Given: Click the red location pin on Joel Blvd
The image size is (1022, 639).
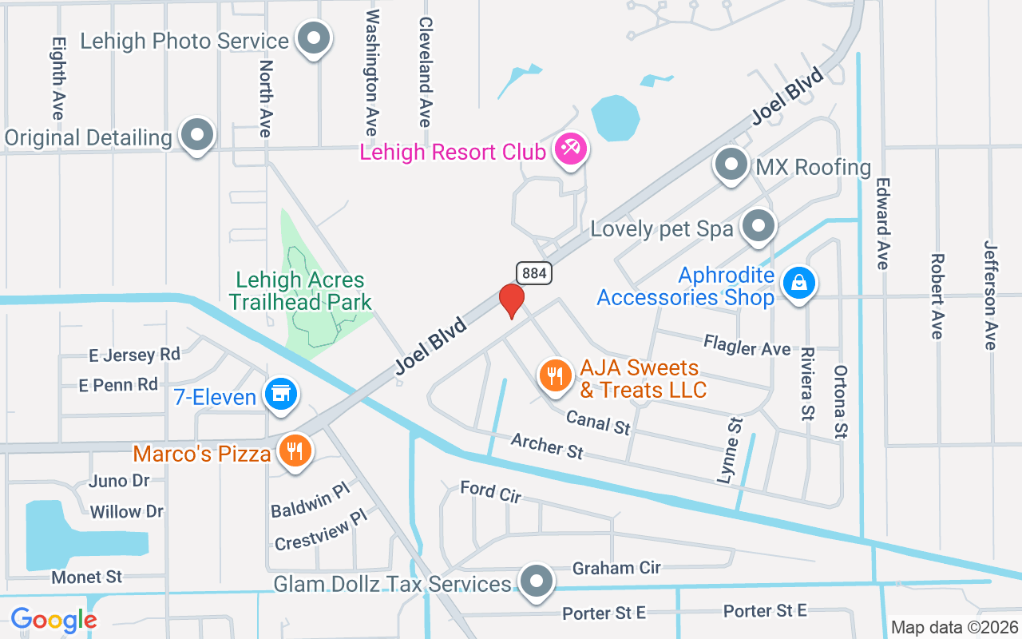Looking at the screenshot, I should tap(511, 300).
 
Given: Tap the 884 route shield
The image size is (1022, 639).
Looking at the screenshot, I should tap(534, 273).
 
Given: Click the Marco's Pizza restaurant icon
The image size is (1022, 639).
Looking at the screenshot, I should tap(295, 452).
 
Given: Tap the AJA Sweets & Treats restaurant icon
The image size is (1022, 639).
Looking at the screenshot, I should tap(556, 375).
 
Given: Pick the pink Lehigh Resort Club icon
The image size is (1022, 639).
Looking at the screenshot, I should tap(571, 149).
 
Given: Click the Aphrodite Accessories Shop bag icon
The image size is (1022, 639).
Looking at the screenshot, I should tap(798, 284).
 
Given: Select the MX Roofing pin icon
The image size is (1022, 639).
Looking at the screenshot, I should tap(731, 165).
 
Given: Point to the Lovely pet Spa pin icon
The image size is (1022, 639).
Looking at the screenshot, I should tap(759, 227).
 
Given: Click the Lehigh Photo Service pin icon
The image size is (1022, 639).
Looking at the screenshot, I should tap(314, 39).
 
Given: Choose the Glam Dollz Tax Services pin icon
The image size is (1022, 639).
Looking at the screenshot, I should tap(537, 582).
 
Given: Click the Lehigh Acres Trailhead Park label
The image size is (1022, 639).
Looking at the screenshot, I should tap(300, 291).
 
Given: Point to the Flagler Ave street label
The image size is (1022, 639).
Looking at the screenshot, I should tap(747, 347).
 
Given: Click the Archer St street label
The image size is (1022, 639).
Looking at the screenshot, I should tap(547, 446).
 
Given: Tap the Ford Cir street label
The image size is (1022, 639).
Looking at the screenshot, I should tap(490, 492).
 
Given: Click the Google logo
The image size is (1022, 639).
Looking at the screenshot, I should tap(53, 620).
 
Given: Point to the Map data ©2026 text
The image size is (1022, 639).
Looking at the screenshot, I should tap(953, 628).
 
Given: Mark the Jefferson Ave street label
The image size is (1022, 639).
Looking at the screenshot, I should tap(990, 295).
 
